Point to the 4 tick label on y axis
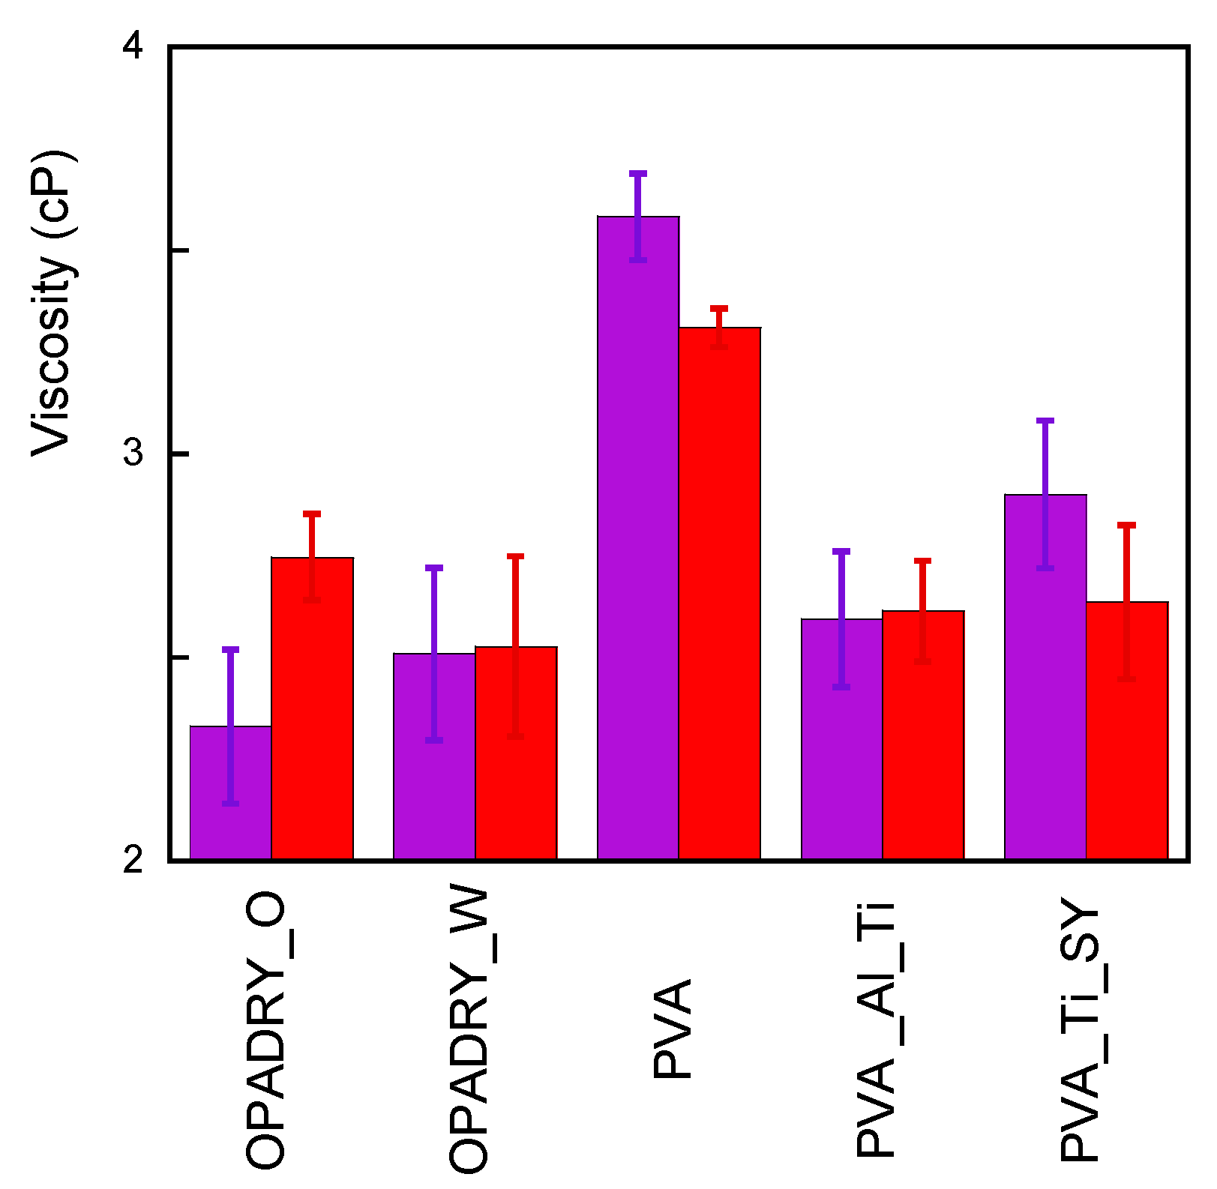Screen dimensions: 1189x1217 [133, 47]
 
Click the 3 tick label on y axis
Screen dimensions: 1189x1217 [133, 454]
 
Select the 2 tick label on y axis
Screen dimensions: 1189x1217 [133, 860]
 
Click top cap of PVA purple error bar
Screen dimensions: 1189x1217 [638, 173]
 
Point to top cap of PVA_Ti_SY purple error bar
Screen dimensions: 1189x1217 [1045, 421]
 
